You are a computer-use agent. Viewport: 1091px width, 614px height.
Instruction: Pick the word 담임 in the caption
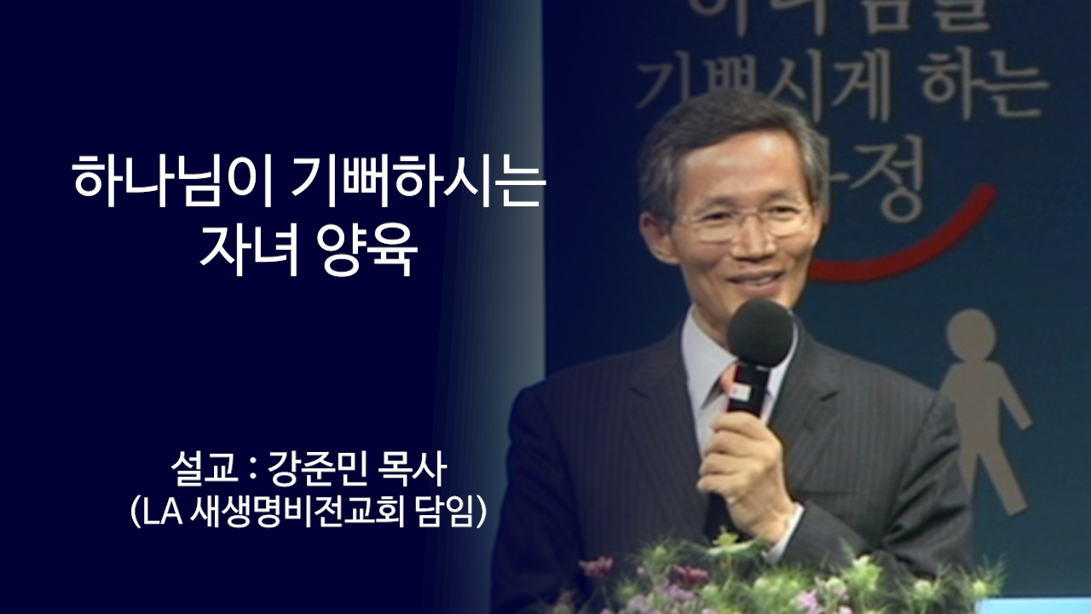pyautogui.click(x=449, y=513)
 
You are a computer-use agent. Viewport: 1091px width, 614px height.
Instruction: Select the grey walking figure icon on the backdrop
pyautogui.click(x=980, y=401)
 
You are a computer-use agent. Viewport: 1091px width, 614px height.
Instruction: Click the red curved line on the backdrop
pyautogui.click(x=921, y=247)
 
